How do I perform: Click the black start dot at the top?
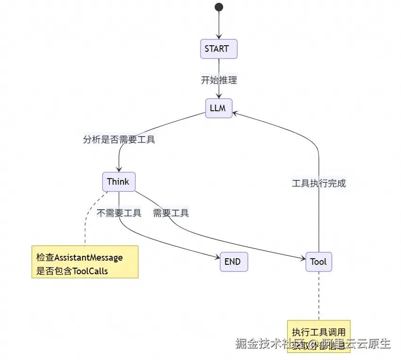218,7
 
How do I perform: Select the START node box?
218,49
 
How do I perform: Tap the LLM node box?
218,108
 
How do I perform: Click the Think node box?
118,182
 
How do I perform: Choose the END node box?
234,262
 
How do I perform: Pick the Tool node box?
318,262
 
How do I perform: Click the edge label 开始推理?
219,80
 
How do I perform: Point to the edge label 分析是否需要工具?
119,139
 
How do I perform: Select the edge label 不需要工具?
119,213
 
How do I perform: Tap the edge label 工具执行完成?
319,184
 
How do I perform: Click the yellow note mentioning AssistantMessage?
85,262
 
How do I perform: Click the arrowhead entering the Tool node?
303,259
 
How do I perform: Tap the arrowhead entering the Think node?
118,170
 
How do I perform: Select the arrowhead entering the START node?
218,37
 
